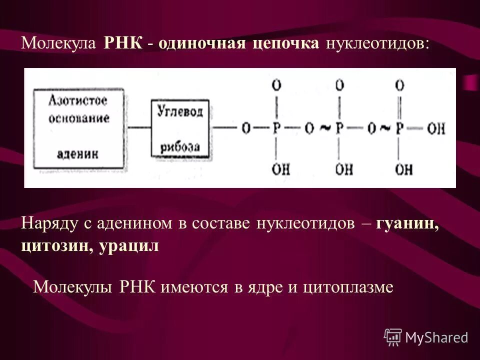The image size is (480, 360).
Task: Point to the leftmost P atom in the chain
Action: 276,128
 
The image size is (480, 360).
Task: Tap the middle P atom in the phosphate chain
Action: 340,128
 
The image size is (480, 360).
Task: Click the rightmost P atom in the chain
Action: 399,128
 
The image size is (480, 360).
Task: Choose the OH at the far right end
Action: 436,128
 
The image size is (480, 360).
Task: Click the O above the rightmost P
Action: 399,85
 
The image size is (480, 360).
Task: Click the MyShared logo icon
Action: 393,337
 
